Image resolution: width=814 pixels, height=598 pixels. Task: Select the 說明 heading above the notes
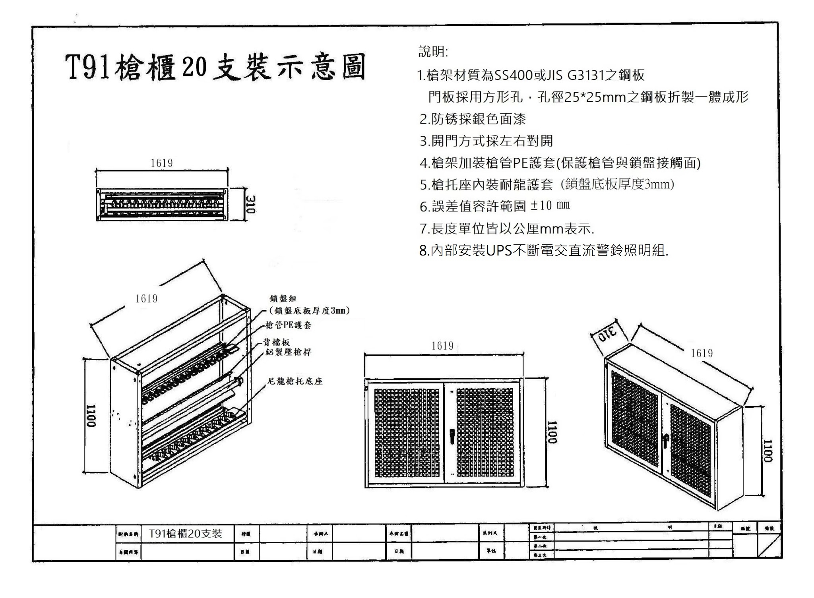[433, 52]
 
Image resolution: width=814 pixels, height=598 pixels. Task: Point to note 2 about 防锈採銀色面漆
[473, 119]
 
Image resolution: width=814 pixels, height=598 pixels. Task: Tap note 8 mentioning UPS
[543, 250]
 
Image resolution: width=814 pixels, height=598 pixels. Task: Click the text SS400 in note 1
[513, 75]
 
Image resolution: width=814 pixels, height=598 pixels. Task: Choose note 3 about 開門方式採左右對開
[486, 141]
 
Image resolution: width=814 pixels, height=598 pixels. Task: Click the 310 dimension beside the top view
[250, 204]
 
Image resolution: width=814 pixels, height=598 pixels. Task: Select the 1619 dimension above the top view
[161, 163]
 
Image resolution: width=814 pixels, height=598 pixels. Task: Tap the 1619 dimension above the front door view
[442, 346]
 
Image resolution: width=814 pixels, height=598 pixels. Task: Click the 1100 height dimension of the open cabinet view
[91, 416]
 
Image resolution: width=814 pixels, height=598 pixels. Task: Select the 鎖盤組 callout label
[283, 299]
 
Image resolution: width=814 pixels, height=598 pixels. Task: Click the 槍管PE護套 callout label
[289, 325]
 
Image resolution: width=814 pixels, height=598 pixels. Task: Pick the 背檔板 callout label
[277, 342]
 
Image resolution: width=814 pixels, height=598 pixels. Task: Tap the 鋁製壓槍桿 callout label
[289, 352]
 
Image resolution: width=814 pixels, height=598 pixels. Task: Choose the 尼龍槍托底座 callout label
[295, 381]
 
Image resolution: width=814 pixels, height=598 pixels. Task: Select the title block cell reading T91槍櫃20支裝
[186, 534]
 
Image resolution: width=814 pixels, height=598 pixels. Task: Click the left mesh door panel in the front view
[407, 433]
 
